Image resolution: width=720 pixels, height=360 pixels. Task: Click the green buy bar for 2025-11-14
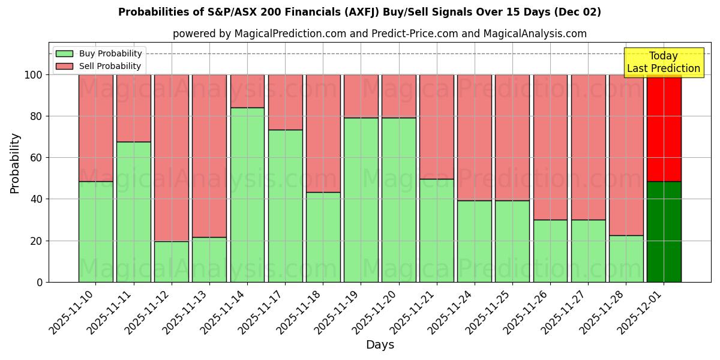(x=247, y=194)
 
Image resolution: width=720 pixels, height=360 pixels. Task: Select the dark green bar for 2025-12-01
(x=664, y=232)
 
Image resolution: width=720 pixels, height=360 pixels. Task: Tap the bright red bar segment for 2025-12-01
(x=664, y=128)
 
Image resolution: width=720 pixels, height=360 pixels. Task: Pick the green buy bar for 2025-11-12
(x=172, y=262)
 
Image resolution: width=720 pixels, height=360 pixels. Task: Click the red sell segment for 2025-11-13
(x=209, y=155)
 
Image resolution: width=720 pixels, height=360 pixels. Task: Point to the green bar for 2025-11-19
(x=361, y=200)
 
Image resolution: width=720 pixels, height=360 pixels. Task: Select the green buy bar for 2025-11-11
(x=133, y=212)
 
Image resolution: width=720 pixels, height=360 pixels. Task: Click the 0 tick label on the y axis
(x=40, y=282)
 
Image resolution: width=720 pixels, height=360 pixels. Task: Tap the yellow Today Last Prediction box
(x=664, y=62)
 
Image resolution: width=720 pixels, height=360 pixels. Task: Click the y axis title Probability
(x=15, y=163)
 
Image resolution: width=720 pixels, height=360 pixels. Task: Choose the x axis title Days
(x=380, y=345)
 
